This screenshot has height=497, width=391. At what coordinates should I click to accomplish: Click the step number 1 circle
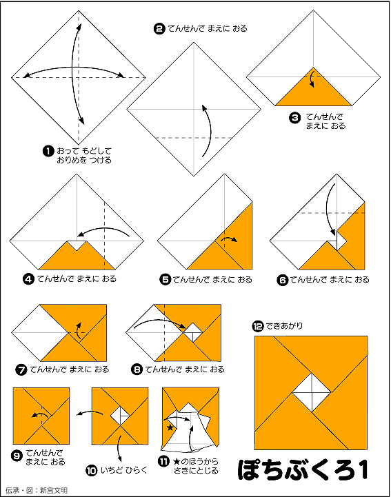point(48,151)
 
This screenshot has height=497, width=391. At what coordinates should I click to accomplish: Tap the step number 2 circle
point(159,29)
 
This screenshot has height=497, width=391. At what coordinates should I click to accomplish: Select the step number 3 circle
point(295,118)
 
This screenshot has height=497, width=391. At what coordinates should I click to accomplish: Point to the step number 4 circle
point(28,279)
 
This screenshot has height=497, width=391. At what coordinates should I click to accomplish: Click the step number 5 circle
point(166,280)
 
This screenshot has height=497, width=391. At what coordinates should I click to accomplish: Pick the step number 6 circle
point(283,280)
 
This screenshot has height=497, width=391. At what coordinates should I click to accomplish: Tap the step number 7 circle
point(21,369)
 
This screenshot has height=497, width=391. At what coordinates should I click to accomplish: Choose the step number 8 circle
point(137,369)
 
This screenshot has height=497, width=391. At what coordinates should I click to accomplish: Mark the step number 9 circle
point(17,456)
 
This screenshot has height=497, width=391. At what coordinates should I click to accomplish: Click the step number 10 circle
point(91,471)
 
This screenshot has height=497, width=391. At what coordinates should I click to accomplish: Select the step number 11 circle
point(163,461)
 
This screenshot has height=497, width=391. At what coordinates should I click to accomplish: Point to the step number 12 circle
point(258,326)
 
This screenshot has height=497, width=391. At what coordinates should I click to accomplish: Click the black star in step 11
point(170,427)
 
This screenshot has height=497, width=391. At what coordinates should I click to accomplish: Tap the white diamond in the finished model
point(312,393)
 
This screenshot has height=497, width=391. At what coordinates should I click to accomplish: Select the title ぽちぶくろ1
point(303,469)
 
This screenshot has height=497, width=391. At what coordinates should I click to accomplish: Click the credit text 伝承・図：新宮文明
point(37,490)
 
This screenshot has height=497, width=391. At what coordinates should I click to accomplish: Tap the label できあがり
point(284,326)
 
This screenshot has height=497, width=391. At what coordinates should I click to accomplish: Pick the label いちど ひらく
point(124,470)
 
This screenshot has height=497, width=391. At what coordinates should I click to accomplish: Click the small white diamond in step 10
point(120,416)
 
